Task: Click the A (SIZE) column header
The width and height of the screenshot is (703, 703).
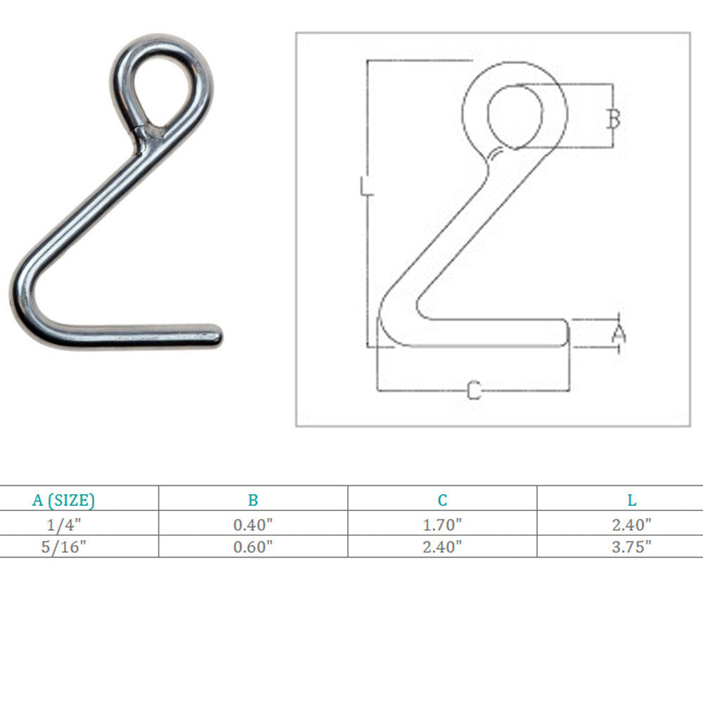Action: click(63, 500)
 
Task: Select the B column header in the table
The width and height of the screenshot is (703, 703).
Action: click(253, 500)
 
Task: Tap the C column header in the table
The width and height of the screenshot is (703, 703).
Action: click(442, 500)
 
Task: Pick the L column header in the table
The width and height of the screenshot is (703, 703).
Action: click(631, 500)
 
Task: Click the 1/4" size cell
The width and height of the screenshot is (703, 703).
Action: click(63, 524)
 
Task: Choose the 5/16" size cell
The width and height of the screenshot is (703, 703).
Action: click(63, 547)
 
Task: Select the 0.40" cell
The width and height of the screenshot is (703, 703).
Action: click(253, 524)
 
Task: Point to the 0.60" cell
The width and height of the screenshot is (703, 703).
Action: click(253, 547)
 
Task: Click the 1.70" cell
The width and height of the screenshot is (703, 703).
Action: click(442, 524)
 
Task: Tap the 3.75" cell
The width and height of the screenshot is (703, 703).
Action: click(631, 547)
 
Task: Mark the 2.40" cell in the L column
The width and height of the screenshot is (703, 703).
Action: click(631, 524)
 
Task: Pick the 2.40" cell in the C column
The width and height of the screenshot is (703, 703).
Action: click(442, 547)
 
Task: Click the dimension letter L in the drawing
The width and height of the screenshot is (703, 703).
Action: click(366, 187)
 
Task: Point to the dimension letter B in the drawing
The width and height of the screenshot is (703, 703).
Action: click(613, 118)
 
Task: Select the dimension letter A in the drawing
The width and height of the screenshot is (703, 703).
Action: click(618, 333)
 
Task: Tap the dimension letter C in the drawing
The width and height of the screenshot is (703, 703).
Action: click(474, 390)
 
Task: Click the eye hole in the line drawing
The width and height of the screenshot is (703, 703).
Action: click(515, 116)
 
